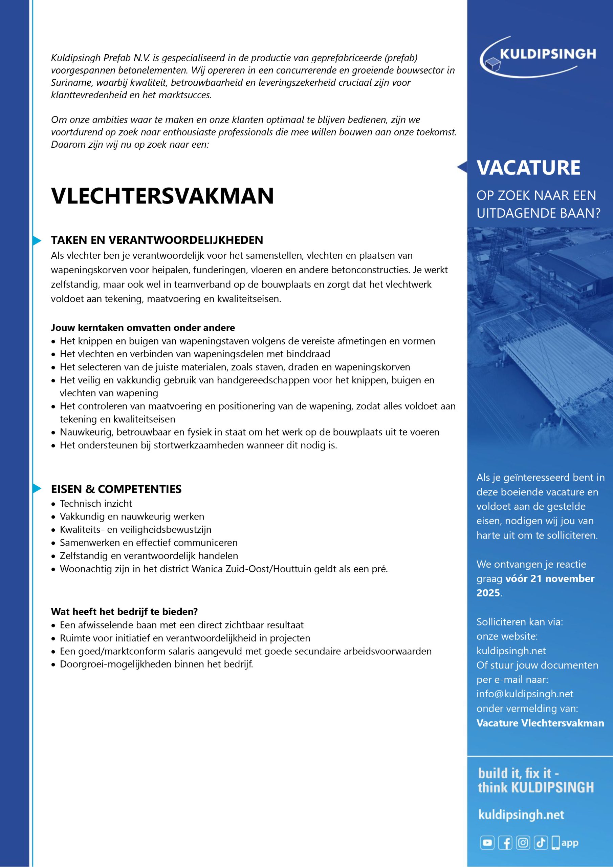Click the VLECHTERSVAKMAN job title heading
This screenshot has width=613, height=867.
pos(162,196)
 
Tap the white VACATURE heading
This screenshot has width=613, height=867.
pos(528,168)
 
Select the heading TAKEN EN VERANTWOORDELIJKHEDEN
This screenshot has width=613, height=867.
pos(157,240)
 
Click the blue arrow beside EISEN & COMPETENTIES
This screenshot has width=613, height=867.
pos(37,489)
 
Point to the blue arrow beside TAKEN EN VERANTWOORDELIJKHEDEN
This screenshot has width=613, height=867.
pos(37,240)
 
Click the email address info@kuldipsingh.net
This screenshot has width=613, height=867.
pos(525,694)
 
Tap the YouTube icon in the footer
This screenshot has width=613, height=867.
pos(487,843)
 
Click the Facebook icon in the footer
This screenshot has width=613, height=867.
pos(505,843)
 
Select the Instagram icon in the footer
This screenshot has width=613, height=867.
pos(523,843)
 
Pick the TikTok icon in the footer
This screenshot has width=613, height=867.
pos(541,843)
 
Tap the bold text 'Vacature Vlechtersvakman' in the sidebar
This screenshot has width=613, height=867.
pos(540,723)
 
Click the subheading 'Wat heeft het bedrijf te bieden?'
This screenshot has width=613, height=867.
pos(124,611)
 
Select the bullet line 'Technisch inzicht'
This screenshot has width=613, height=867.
pos(96,503)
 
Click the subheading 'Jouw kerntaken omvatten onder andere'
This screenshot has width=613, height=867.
pos(143,327)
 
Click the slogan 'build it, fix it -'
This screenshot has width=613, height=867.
pos(518,773)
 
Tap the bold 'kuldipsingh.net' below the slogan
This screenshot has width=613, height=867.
pos(521,815)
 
